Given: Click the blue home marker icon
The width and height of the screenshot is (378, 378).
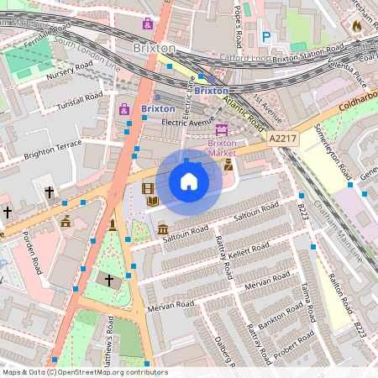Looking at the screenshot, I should tap(189, 181).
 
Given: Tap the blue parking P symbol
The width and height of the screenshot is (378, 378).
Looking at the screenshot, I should tap(266, 37).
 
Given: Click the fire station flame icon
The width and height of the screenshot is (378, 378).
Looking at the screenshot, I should tap(357, 26).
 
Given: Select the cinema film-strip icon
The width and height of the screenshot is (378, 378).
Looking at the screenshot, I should tap(149, 189).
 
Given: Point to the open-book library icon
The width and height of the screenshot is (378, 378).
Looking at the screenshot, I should tap(153, 202).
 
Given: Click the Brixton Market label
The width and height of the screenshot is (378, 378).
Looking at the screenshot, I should tap(223, 148).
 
